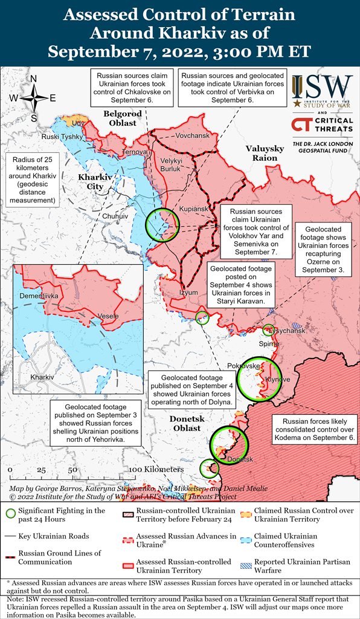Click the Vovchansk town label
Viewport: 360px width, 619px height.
192,135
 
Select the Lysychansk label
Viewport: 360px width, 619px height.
288,331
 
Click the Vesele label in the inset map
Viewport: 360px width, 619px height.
108,316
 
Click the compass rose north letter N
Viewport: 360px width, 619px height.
34,79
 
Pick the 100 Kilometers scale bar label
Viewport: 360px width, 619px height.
156,469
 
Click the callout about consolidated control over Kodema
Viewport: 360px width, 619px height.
314,428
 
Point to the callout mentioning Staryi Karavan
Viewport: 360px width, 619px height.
240,283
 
